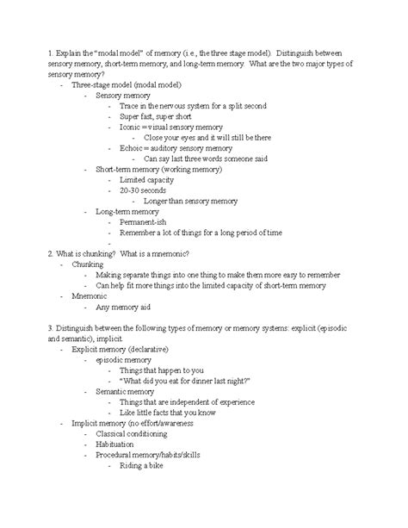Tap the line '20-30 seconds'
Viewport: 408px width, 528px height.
[x=144, y=190]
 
